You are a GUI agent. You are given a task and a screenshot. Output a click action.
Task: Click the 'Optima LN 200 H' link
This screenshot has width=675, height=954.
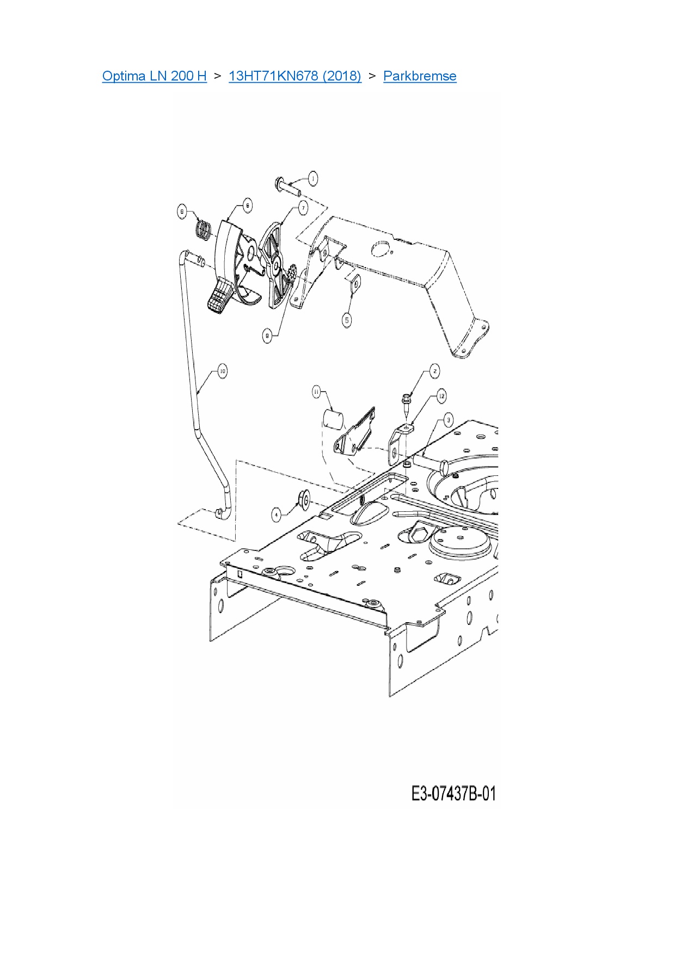(154, 76)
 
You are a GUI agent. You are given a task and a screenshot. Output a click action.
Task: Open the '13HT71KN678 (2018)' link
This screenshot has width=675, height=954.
(294, 76)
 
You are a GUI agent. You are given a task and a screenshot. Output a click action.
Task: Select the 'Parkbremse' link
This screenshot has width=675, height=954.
(420, 76)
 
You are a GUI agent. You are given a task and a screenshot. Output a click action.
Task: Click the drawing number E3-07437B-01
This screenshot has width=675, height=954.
(453, 794)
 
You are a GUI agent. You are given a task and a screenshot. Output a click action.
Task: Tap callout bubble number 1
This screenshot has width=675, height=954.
(312, 178)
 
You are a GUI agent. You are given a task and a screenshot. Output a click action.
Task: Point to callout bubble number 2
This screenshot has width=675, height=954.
(434, 371)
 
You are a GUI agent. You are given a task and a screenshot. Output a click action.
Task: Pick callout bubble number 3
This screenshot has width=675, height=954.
(448, 419)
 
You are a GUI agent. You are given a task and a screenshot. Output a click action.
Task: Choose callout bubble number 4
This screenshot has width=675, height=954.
(277, 514)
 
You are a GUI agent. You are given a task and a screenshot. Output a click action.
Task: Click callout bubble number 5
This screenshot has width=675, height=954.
(347, 320)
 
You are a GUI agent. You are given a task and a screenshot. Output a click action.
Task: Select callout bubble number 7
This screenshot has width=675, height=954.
(303, 207)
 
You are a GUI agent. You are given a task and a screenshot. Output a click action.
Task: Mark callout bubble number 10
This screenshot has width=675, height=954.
(222, 371)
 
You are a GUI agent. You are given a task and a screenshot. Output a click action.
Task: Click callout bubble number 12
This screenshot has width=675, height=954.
(441, 396)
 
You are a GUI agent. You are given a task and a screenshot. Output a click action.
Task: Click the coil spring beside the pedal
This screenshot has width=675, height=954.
(203, 229)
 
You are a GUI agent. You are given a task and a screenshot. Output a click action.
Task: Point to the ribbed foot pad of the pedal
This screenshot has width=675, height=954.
(219, 296)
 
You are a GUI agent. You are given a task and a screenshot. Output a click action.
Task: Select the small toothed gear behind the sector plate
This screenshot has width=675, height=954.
(292, 274)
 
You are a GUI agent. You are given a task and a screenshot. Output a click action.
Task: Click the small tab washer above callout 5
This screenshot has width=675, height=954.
(355, 284)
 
